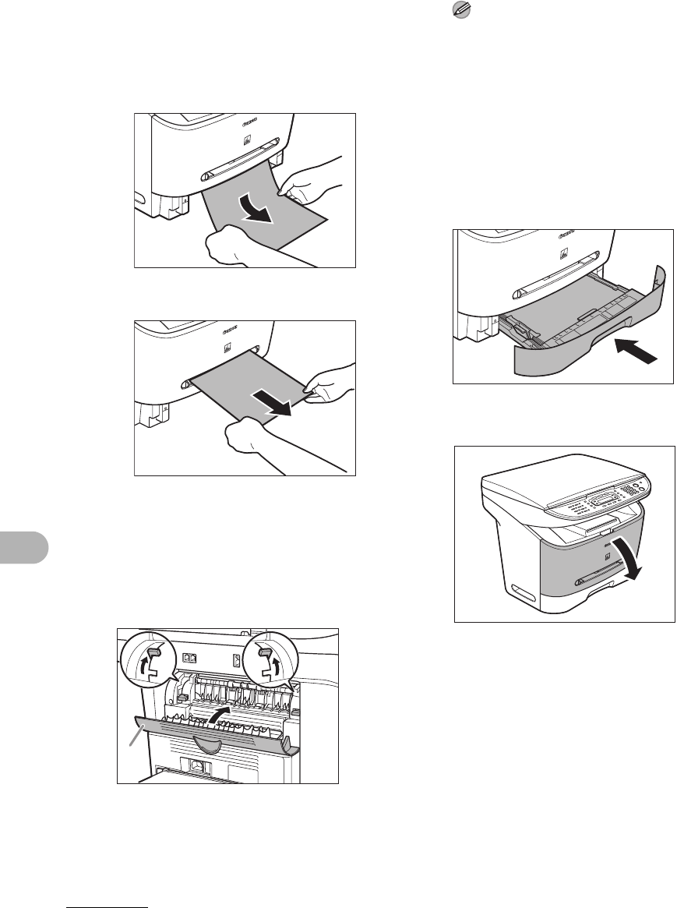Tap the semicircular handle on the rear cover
203,744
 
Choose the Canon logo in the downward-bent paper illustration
250,121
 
